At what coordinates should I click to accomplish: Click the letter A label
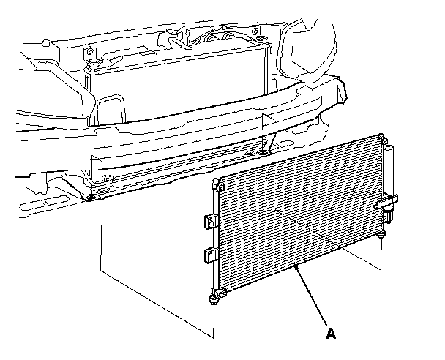pos(331,334)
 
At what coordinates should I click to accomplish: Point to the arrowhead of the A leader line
pos(295,267)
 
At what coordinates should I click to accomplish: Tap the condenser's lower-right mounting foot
pos(382,233)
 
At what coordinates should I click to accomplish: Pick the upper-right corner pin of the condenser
pos(381,138)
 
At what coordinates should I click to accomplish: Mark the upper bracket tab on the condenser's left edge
pos(208,219)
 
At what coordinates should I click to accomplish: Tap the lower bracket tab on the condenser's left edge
pos(209,255)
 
